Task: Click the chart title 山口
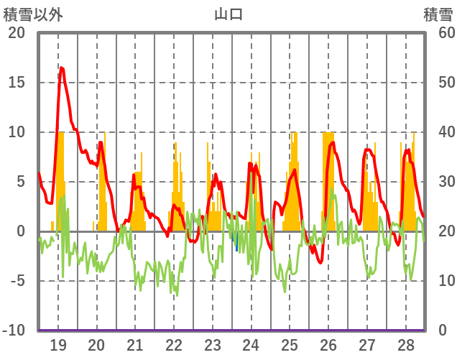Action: pos(228,14)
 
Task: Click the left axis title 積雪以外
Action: pos(30,14)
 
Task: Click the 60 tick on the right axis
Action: pos(439,33)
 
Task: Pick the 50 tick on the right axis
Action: pos(439,83)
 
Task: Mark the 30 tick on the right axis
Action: pos(439,182)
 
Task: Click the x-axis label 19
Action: pos(58,345)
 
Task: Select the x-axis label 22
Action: pos(174,345)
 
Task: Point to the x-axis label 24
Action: pos(251,345)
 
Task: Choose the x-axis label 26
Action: pos(328,345)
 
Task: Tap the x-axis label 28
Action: pos(405,345)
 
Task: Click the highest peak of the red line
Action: pos(61,68)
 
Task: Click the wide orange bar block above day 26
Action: pos(328,180)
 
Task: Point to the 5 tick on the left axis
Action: pos(20,182)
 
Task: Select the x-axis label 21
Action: pos(135,345)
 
